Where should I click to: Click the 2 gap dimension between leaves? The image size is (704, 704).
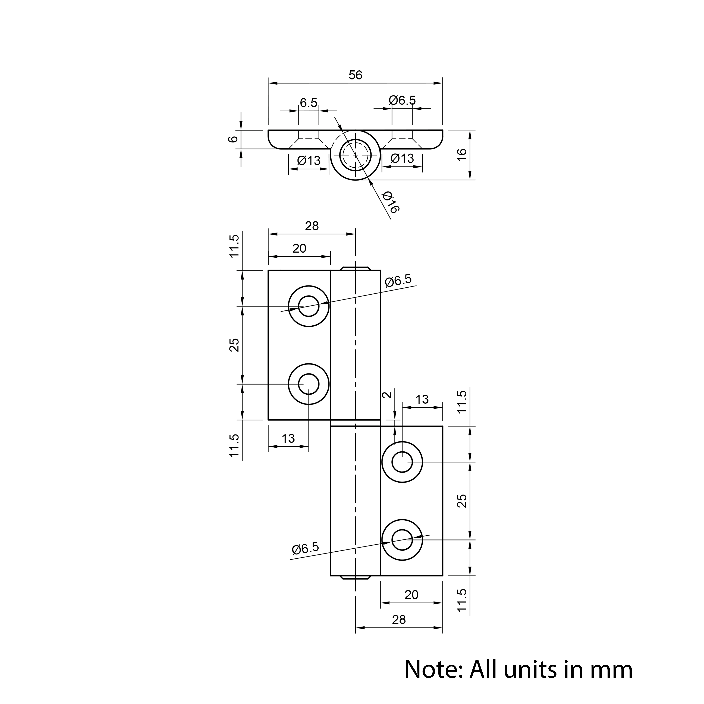(388, 395)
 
